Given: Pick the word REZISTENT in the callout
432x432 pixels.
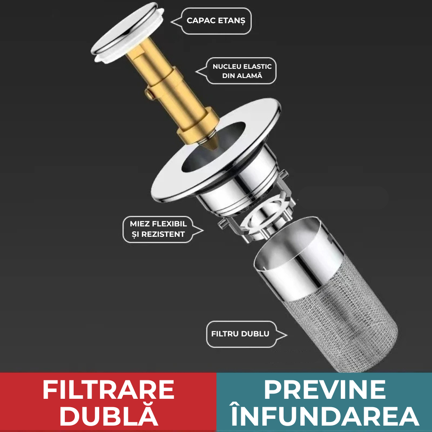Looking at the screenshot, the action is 163,234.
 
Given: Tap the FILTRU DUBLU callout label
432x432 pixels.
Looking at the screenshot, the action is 240,334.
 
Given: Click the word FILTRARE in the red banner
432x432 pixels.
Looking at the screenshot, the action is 108,390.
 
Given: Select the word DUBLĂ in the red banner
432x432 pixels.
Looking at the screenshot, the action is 109,415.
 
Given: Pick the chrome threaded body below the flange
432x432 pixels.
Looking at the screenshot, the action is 240,187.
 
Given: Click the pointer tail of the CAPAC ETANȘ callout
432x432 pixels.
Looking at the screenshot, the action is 176,22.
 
